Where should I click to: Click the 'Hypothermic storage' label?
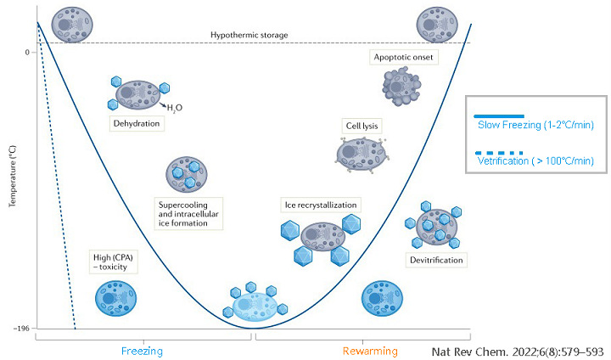coord(249,35)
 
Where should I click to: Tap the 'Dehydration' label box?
coord(136,123)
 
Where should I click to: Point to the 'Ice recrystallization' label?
coord(320,205)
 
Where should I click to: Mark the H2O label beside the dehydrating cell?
coord(173,108)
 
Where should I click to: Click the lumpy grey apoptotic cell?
coord(396,86)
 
